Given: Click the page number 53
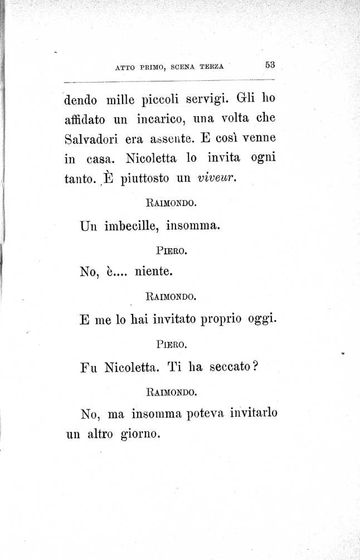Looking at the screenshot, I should point(270,65).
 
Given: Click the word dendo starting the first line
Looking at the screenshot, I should point(81,101).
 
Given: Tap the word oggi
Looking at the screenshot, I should point(262,320).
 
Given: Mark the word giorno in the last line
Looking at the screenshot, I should point(140,433).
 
